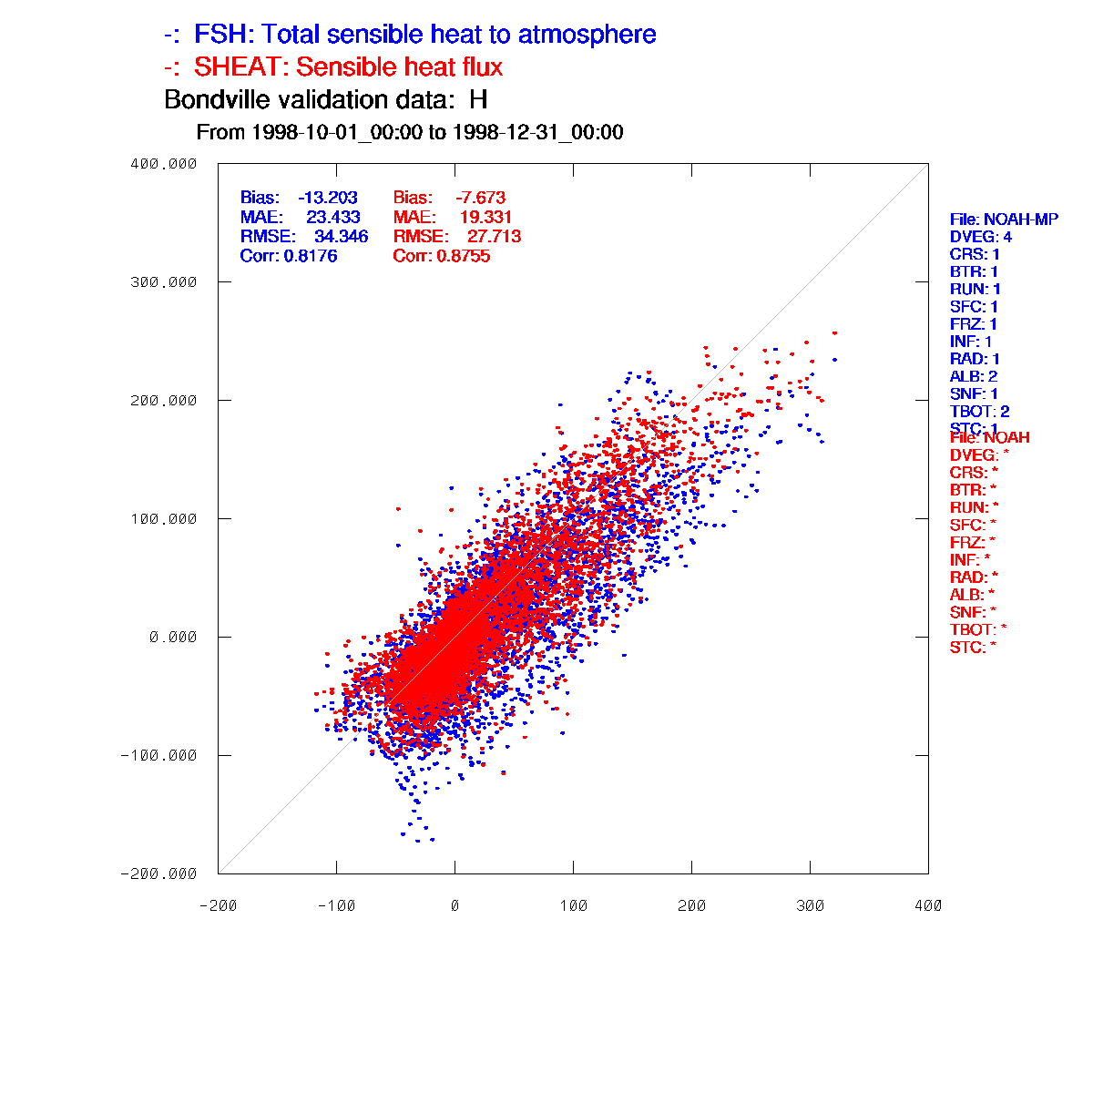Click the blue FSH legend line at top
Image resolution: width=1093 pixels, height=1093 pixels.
point(410,36)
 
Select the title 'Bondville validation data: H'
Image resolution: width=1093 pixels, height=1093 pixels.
point(326,99)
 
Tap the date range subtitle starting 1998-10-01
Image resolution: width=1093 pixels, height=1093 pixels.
point(410,133)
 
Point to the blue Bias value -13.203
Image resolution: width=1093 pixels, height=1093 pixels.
point(328,198)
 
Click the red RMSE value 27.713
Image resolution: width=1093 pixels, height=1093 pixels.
point(494,237)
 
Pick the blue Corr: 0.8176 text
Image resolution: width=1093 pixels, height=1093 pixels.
point(289,257)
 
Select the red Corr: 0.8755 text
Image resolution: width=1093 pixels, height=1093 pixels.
point(442,257)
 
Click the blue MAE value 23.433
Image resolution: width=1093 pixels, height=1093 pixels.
point(332,218)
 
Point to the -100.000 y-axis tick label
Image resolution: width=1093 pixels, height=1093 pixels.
point(159,755)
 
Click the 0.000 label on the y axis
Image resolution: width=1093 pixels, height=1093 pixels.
point(173,637)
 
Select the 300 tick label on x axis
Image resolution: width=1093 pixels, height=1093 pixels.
point(810,905)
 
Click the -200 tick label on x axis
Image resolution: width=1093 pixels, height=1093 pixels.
point(218,905)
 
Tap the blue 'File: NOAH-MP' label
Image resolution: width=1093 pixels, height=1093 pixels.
point(1004,220)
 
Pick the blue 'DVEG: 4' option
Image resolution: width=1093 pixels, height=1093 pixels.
point(981,238)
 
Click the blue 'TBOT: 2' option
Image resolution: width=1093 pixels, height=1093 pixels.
point(979,412)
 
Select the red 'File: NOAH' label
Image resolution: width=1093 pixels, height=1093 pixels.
point(989,438)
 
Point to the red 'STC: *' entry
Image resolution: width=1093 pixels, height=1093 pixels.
point(972,648)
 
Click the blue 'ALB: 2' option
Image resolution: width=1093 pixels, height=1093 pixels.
point(974,376)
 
